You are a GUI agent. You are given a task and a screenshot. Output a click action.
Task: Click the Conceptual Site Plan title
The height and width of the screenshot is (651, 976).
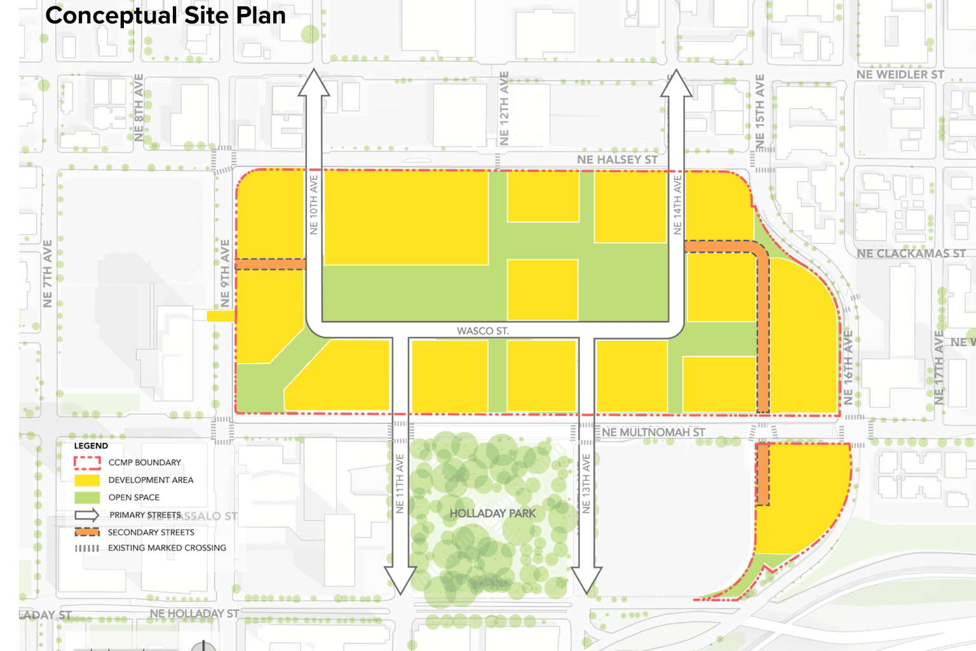tap(165, 16)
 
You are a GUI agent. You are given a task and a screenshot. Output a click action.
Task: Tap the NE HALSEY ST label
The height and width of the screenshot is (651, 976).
tap(617, 160)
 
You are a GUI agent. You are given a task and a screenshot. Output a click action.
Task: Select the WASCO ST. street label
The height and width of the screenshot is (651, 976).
tap(483, 331)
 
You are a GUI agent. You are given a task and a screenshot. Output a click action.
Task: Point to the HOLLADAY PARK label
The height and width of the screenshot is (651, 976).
tap(492, 513)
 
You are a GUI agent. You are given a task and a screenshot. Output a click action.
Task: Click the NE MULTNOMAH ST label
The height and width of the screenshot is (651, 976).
tap(653, 432)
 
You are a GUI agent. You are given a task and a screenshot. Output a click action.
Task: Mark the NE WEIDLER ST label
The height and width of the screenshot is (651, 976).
tap(900, 74)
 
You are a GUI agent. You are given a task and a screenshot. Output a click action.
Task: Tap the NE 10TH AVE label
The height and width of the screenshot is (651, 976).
tap(314, 205)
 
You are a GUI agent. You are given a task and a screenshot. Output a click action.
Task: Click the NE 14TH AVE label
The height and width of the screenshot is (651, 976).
tap(677, 205)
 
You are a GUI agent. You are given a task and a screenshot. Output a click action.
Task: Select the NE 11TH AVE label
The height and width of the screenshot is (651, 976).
tap(400, 483)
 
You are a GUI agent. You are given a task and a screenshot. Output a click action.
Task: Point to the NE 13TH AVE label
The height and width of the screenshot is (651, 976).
tap(586, 483)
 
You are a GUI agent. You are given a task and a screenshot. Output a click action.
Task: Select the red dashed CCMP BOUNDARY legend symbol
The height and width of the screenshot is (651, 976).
tap(87, 462)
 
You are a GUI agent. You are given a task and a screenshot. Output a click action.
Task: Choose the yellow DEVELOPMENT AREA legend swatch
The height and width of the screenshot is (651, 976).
tap(87, 480)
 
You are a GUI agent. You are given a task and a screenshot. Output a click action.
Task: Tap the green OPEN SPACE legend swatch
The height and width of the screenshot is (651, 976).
tap(87, 497)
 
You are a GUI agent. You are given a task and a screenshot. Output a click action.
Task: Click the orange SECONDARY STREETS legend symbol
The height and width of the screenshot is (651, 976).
tap(87, 532)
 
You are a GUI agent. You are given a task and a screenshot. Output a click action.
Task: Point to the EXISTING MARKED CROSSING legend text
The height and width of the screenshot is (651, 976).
tap(166, 548)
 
